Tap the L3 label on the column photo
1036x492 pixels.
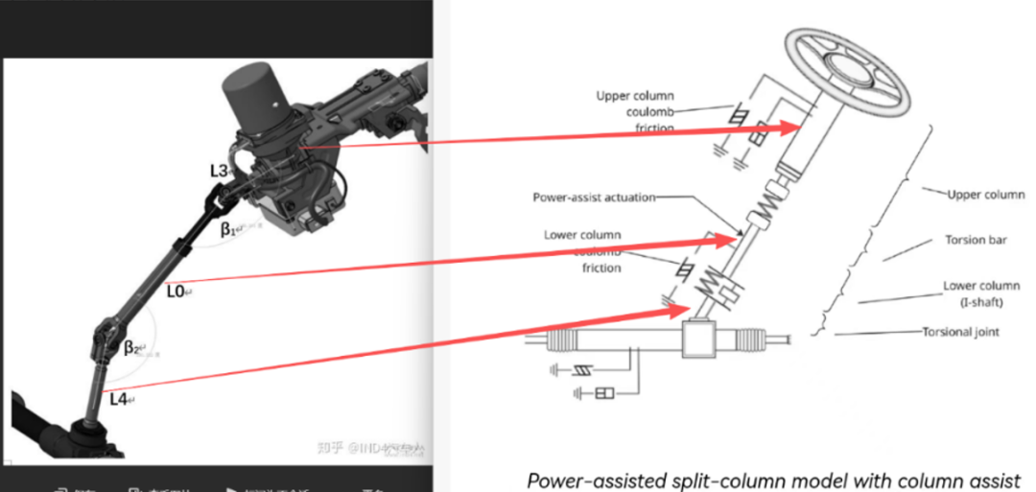coord(219,171)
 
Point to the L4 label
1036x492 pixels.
coord(119,398)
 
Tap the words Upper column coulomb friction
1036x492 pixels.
coord(634,111)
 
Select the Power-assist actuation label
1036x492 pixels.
coord(594,198)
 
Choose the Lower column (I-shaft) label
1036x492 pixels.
coord(974,293)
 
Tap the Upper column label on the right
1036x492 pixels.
coord(985,195)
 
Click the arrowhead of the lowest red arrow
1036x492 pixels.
coord(683,310)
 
